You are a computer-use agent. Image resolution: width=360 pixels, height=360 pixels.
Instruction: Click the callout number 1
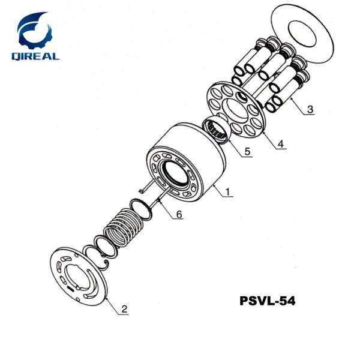click(x=227, y=192)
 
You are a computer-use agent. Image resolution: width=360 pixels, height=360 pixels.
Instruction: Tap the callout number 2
click(x=124, y=309)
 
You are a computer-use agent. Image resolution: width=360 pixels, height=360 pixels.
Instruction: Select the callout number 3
click(x=310, y=109)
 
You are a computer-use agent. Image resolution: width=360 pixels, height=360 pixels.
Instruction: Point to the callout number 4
click(x=281, y=144)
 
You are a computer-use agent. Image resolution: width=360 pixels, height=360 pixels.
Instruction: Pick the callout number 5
click(x=247, y=152)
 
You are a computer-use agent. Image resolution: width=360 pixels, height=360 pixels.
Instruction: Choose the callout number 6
click(x=179, y=214)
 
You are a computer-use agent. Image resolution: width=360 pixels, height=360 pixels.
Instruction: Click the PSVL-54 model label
click(x=268, y=301)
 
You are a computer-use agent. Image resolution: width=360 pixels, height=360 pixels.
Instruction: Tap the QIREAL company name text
click(x=35, y=56)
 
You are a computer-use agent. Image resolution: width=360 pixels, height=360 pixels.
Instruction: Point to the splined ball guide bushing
click(x=216, y=130)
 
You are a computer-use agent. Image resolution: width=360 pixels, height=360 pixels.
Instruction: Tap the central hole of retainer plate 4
click(x=235, y=110)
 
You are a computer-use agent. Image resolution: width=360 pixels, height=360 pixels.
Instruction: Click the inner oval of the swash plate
click(x=301, y=34)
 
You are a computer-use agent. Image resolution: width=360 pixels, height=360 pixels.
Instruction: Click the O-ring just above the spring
click(x=141, y=209)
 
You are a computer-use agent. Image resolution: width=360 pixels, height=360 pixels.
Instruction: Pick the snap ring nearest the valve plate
click(x=95, y=257)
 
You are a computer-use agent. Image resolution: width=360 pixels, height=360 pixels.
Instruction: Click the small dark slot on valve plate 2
click(x=70, y=289)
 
